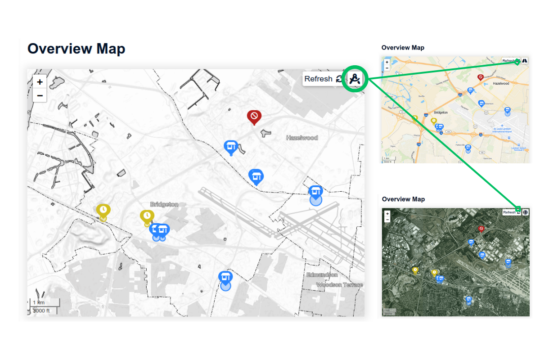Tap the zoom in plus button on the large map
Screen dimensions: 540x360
pyautogui.click(x=40, y=82)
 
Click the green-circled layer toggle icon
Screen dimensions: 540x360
pyautogui.click(x=355, y=79)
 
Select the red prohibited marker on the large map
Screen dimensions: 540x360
pyautogui.click(x=254, y=117)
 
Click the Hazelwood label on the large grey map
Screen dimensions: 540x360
pyautogui.click(x=302, y=138)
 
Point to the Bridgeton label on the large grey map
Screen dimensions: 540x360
pyautogui.click(x=164, y=204)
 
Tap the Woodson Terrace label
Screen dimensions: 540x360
pyautogui.click(x=339, y=285)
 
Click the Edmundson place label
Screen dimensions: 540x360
pyautogui.click(x=322, y=274)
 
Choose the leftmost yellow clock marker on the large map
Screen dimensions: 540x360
pyautogui.click(x=103, y=210)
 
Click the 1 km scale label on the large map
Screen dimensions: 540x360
pyautogui.click(x=39, y=302)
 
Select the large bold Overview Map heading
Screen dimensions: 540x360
pyautogui.click(x=76, y=49)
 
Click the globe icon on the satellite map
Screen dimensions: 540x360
pyautogui.click(x=525, y=212)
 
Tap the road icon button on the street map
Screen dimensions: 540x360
pyautogui.click(x=525, y=60)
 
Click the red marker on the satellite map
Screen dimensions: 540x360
pyautogui.click(x=481, y=229)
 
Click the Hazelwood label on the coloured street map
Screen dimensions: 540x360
pyautogui.click(x=500, y=83)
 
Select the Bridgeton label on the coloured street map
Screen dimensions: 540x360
pyautogui.click(x=440, y=112)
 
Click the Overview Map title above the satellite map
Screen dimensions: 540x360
pyautogui.click(x=403, y=199)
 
